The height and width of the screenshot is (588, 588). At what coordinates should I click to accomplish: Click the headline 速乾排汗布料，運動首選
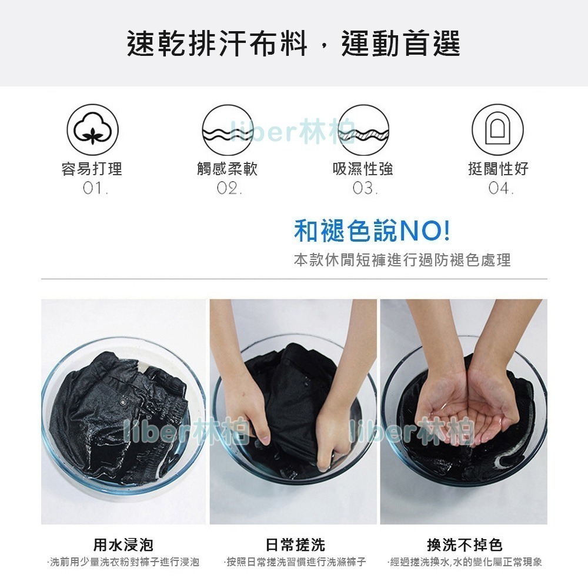(x=293, y=44)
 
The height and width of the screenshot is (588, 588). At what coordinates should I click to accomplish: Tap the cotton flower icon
(x=93, y=130)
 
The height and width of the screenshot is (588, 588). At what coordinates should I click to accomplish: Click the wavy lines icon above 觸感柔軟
(x=228, y=130)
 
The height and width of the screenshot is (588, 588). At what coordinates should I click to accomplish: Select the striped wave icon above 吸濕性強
(x=363, y=130)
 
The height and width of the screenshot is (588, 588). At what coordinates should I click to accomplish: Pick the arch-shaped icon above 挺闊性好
(x=497, y=130)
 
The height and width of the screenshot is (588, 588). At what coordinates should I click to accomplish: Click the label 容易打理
(x=92, y=169)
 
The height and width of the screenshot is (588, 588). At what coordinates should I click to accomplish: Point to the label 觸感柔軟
(x=227, y=169)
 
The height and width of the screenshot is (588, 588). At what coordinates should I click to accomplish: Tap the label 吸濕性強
(x=363, y=169)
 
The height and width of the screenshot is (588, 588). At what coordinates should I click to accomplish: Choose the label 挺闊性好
(x=499, y=169)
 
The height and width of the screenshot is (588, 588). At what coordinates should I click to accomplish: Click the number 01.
(x=95, y=188)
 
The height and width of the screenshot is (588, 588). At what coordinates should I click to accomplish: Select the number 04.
(x=501, y=188)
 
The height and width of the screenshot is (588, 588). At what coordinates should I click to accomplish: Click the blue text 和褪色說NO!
(x=372, y=230)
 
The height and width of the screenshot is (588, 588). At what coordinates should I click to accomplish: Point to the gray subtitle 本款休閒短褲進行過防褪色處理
(x=402, y=260)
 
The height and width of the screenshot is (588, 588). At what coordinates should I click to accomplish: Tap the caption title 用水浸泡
(x=123, y=545)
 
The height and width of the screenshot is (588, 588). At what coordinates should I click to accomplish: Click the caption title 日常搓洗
(x=295, y=545)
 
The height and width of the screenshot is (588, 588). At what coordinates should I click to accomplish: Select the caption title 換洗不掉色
(x=465, y=545)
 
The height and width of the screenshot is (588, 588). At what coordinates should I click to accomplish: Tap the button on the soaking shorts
(x=123, y=403)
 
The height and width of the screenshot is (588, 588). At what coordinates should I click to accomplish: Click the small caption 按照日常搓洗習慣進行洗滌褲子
(x=295, y=562)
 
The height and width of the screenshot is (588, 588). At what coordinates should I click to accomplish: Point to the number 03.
(x=365, y=188)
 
